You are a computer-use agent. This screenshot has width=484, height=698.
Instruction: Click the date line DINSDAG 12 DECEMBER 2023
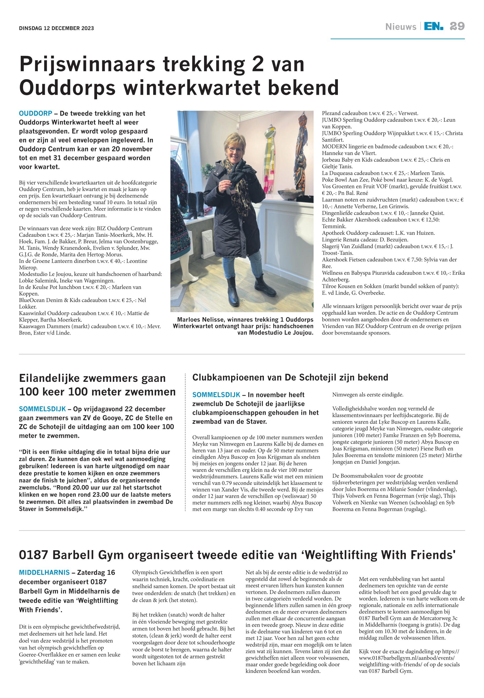coord(56,29)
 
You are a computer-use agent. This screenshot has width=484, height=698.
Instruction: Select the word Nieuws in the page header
coord(401,27)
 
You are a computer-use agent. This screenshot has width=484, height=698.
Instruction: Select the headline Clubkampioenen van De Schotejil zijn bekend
coord(290,377)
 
